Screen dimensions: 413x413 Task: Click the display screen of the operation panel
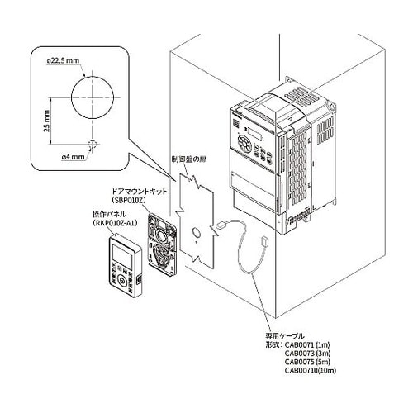121,253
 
